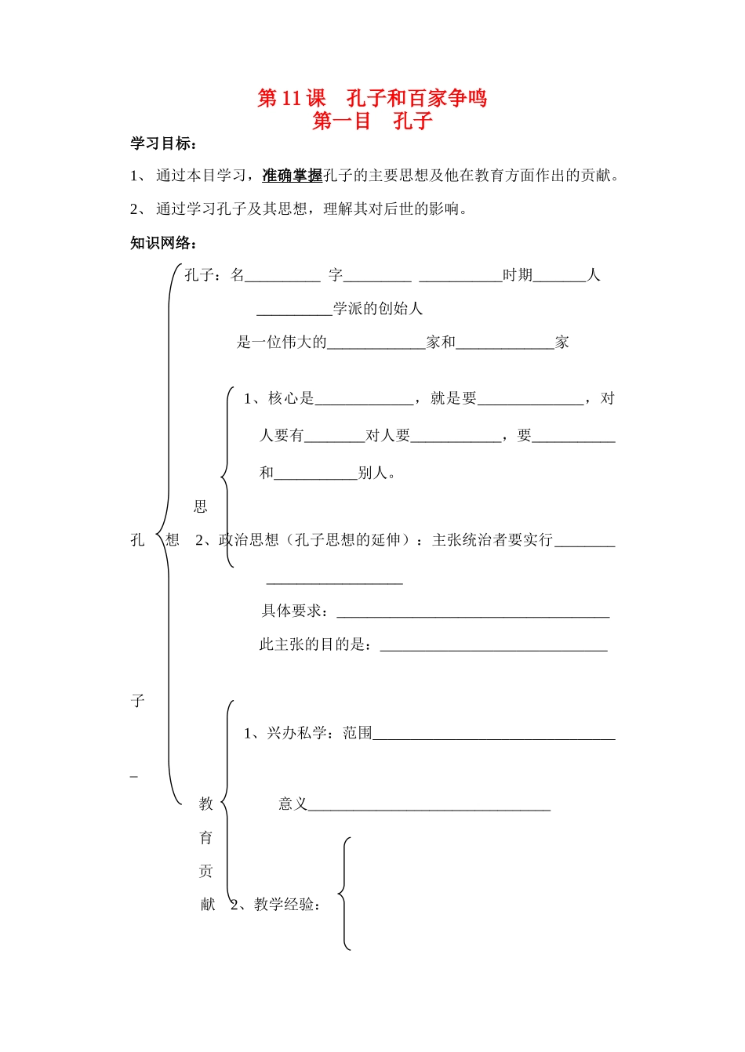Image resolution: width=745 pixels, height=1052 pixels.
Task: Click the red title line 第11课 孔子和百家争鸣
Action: [372, 98]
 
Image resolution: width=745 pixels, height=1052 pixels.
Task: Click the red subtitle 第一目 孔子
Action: [372, 121]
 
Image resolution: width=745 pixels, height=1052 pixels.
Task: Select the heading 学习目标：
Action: [164, 143]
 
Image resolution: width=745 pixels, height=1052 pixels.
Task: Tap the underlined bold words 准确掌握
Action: [292, 176]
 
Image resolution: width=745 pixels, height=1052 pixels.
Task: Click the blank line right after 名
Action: [282, 278]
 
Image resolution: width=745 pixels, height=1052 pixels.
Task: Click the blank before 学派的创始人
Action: [294, 311]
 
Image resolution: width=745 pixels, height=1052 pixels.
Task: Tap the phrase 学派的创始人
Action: [378, 309]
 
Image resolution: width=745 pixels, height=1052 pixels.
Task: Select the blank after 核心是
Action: [364, 401]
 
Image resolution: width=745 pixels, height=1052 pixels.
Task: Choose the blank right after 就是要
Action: [530, 401]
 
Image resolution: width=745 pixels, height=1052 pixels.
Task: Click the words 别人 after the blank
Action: [374, 473]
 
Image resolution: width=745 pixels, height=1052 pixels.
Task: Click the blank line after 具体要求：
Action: [473, 614]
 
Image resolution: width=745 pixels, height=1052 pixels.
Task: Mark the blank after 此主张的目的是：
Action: [493, 648]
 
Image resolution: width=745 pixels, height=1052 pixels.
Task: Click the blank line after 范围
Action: [494, 736]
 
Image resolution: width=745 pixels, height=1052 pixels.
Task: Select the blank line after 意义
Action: [429, 807]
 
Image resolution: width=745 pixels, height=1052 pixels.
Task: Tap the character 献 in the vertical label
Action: [207, 905]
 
